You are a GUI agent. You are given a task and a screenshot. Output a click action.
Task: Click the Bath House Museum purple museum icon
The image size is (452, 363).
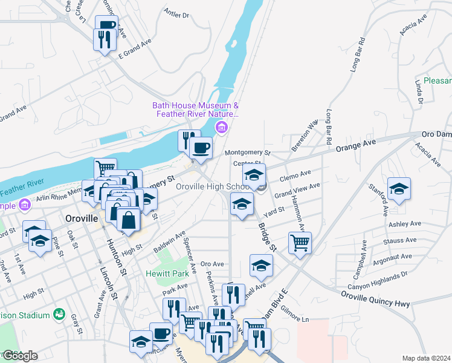[222, 128]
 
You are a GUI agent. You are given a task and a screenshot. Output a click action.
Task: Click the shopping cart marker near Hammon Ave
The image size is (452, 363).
[300, 243]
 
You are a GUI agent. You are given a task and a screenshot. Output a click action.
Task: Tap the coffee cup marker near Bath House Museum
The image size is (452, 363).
[201, 147]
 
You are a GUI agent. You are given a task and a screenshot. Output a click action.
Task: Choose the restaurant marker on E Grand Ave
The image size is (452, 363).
[105, 40]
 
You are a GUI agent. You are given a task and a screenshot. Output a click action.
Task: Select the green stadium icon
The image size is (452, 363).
[59, 314]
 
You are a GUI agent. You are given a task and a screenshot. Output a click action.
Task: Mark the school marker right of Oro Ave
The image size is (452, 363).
[261, 266]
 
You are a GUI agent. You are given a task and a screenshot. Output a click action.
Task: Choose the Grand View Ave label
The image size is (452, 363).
[297, 190]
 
